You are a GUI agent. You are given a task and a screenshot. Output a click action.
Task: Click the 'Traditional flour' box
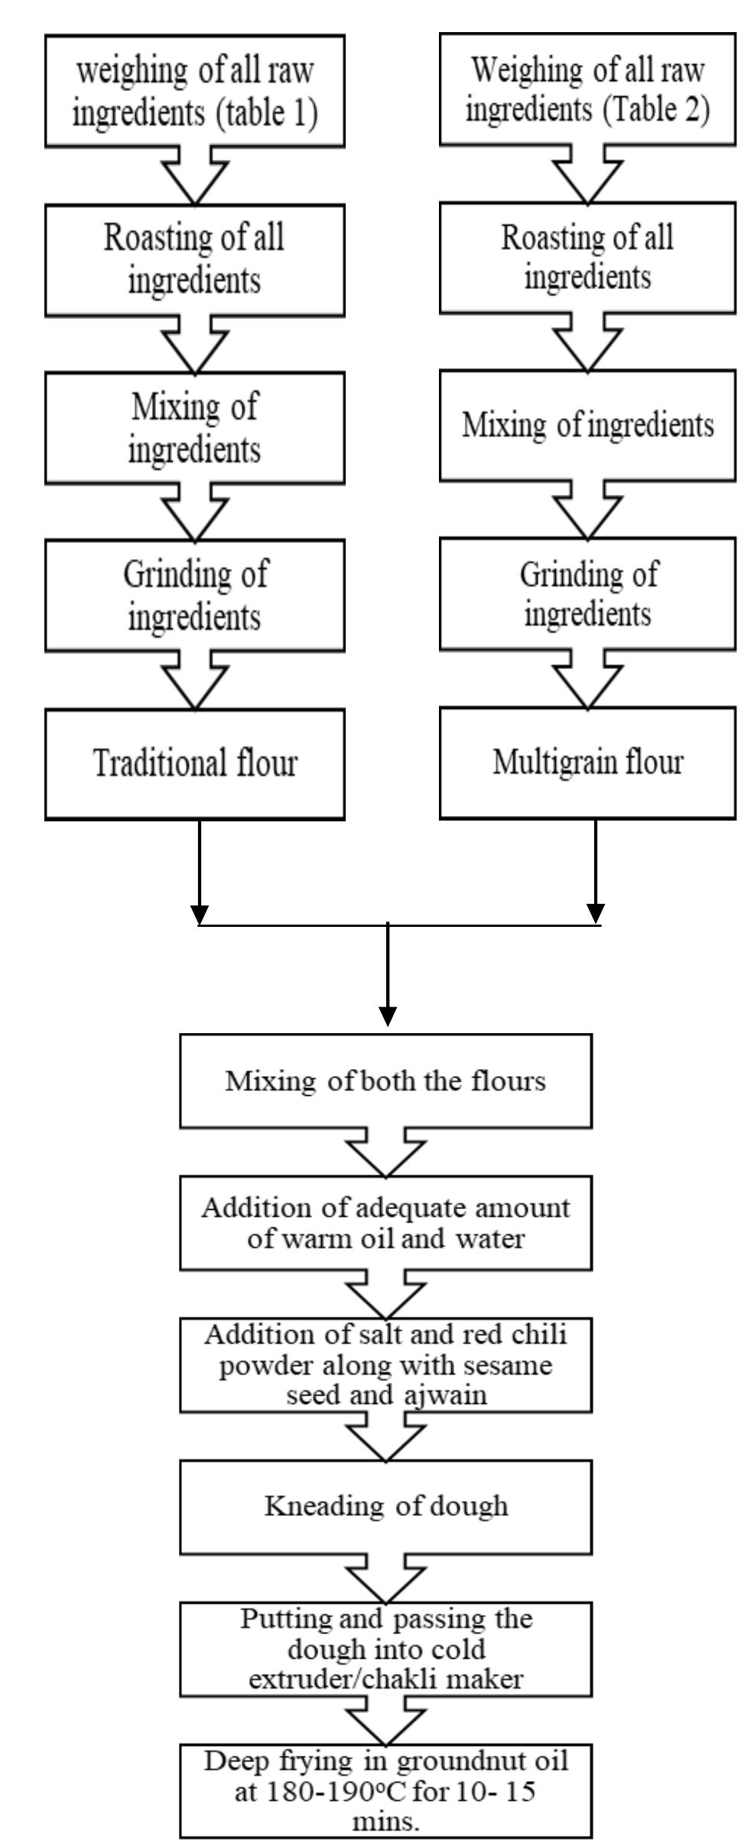(195, 764)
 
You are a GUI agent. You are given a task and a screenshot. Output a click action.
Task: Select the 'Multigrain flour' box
(587, 762)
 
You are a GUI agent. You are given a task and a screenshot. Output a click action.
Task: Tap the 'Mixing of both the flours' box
(385, 1081)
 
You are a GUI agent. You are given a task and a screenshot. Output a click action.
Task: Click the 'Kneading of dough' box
(385, 1506)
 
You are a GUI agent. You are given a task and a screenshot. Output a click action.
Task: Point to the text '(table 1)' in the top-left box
(265, 112)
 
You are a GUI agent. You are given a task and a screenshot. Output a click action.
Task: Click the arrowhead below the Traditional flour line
(199, 914)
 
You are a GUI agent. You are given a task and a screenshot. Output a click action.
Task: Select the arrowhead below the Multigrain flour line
(596, 912)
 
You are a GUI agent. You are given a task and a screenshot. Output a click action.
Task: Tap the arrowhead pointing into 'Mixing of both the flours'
(388, 1016)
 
